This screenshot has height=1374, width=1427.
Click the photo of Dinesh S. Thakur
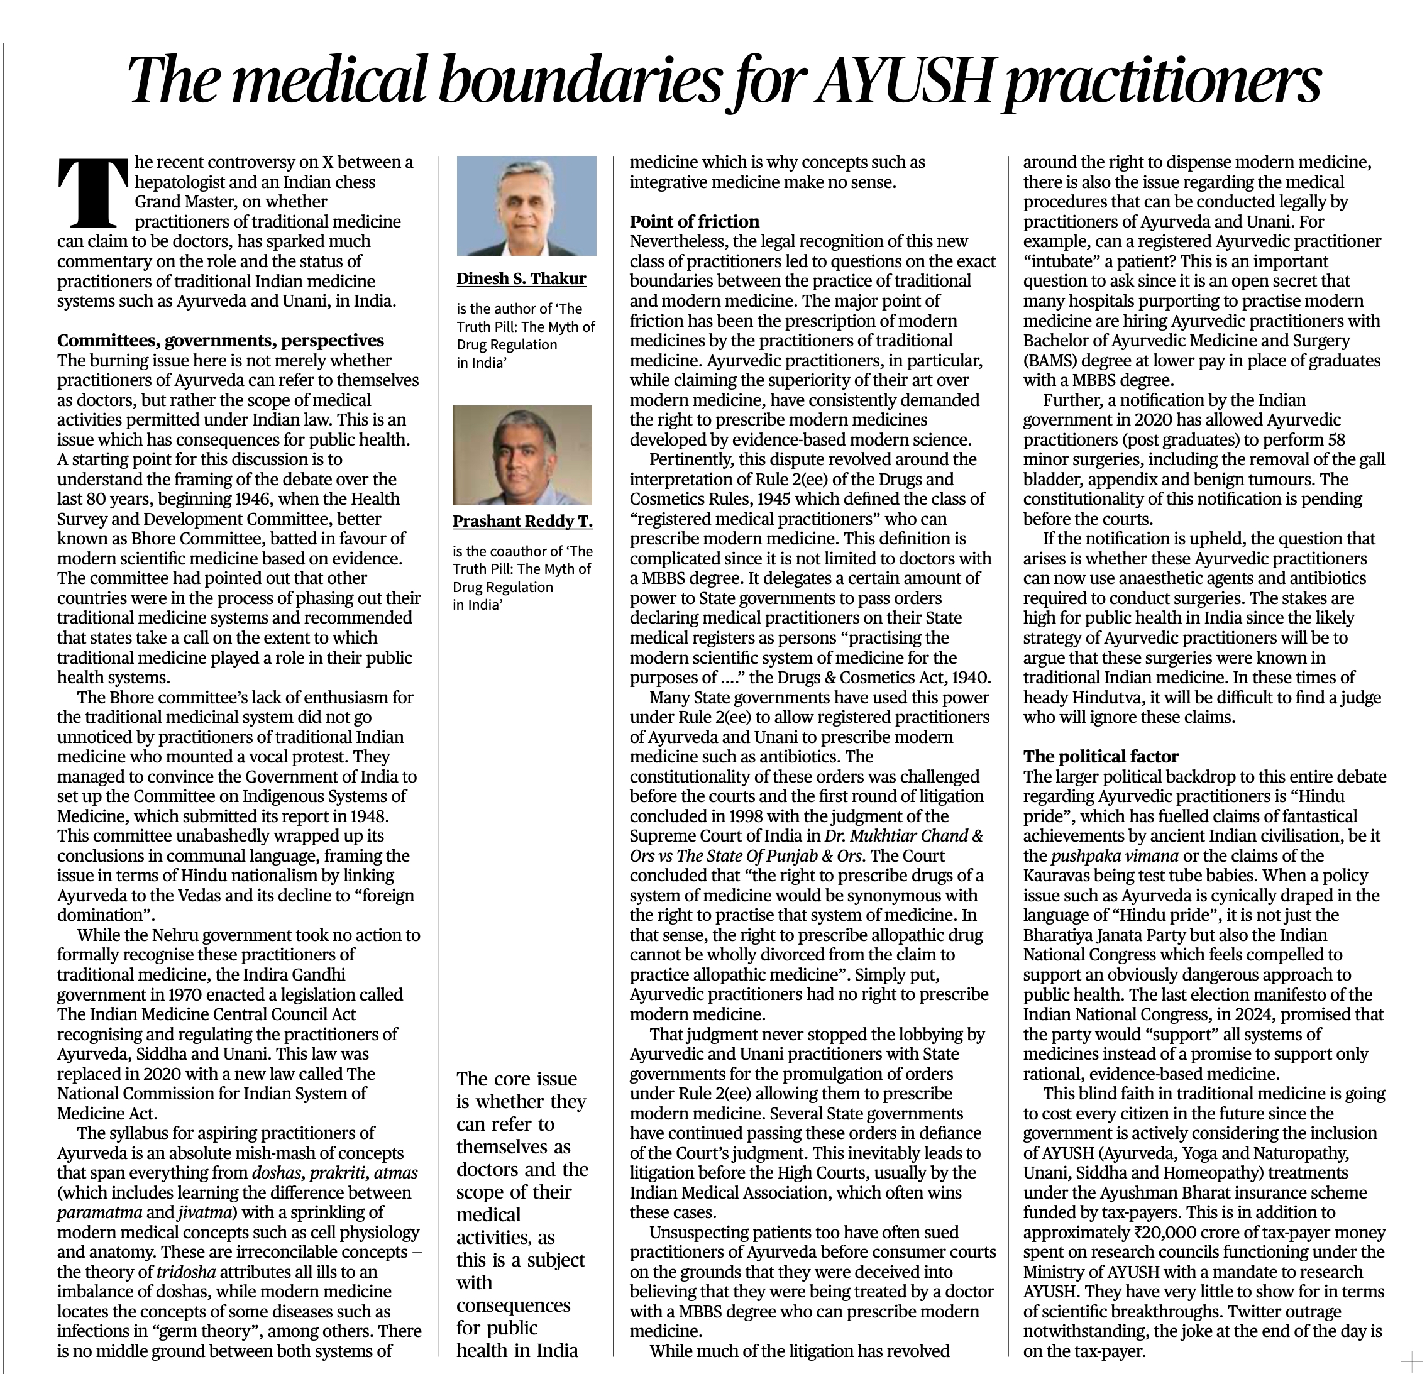[526, 206]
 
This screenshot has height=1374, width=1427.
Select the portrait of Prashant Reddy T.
[522, 455]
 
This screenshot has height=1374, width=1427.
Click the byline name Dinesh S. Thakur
[521, 278]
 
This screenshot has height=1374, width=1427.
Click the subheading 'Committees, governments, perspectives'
[220, 341]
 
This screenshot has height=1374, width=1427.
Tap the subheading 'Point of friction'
[694, 221]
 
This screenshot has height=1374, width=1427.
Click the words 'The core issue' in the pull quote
[516, 1079]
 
